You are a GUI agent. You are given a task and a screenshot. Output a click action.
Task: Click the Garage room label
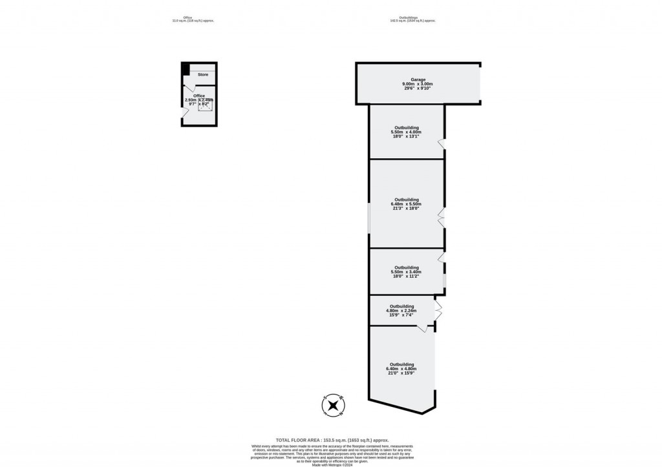[417, 79]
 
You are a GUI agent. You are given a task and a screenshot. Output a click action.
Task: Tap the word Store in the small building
[203, 75]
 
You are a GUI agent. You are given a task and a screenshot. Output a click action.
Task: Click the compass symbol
[332, 405]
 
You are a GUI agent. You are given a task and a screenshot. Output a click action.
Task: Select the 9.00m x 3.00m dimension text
[417, 84]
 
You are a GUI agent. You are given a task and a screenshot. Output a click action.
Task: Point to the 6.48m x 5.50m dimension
[406, 204]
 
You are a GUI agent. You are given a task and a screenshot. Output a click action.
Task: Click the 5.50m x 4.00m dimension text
[406, 132]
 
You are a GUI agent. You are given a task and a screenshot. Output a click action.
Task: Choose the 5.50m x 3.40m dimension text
[406, 272]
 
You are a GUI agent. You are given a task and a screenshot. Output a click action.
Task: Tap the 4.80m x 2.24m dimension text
[401, 311]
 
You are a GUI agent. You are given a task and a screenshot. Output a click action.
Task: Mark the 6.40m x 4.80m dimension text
[401, 369]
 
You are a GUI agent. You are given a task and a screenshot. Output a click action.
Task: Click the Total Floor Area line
[331, 440]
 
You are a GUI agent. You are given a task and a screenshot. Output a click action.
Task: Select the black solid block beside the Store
[186, 70]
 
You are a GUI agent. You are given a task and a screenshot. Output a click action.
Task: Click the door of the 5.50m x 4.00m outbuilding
[441, 144]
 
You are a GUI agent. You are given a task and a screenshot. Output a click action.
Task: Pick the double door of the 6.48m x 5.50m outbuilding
[441, 218]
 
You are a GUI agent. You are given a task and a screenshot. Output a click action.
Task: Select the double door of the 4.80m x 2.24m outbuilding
[438, 311]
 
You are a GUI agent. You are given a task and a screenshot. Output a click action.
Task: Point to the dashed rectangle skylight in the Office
[206, 105]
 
